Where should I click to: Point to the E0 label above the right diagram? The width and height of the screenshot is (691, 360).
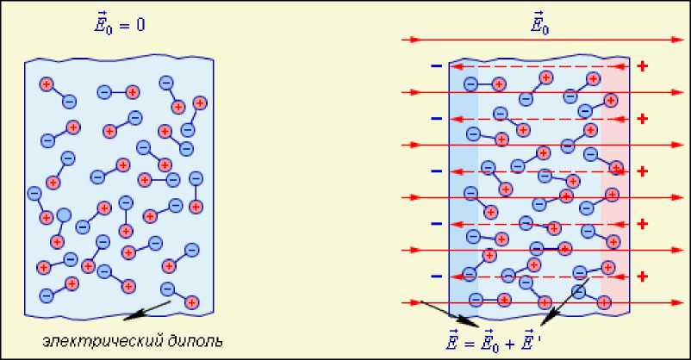(x=541, y=24)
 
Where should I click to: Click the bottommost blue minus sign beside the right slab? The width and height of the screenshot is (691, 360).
(x=436, y=276)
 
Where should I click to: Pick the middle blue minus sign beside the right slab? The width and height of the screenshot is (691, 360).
(x=436, y=171)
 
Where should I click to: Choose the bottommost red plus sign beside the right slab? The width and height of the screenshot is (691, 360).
(x=641, y=276)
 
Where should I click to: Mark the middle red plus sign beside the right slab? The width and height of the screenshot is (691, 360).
(x=641, y=171)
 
